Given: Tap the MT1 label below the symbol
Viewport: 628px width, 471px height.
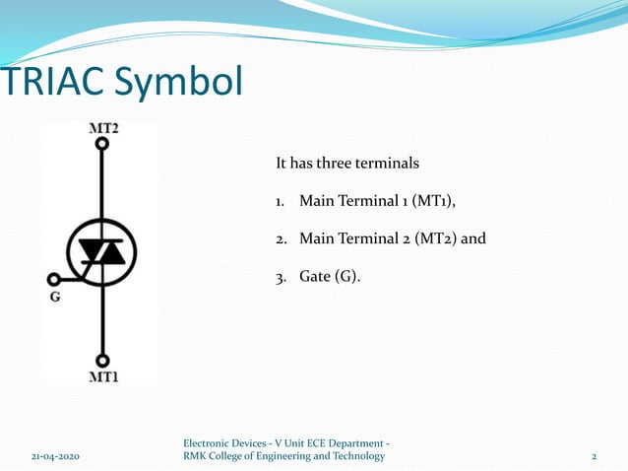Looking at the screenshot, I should pos(103,376).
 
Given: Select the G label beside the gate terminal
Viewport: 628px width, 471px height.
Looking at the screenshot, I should pos(55,296).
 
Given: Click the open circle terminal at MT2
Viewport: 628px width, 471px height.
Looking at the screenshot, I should pos(101,144).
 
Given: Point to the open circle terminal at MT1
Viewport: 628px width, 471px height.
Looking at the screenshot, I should pos(102,361).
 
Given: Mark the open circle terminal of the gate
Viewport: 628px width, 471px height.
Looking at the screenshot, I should pos(53,279).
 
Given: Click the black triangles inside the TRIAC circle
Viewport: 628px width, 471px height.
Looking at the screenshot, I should pos(102,254).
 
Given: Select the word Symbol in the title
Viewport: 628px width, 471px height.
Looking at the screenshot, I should pos(176,83).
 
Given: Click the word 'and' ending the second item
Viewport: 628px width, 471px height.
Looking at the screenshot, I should pos(473,238).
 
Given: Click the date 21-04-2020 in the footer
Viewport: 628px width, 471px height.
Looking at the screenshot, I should pos(51,456).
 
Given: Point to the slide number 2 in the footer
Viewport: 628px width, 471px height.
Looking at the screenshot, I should pos(594,456).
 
